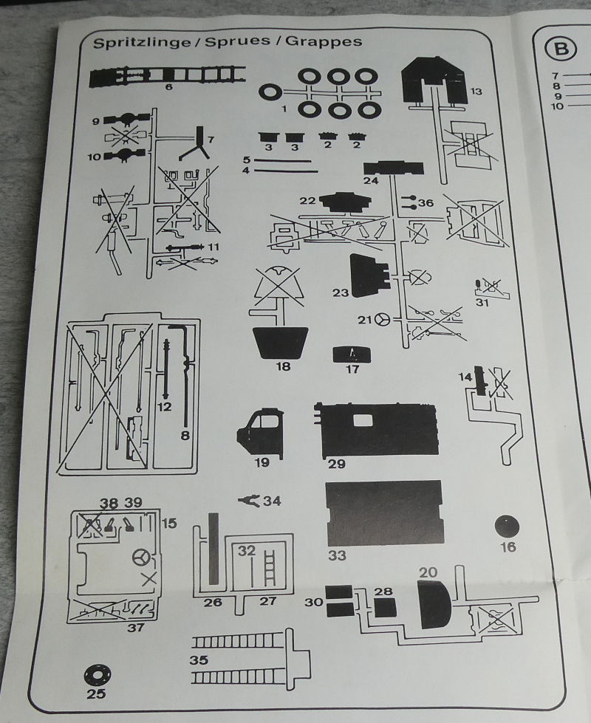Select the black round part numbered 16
click(508, 527)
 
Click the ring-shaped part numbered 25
click(97, 674)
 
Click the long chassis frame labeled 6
click(168, 75)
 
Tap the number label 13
click(475, 91)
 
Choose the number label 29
click(336, 464)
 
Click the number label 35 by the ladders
click(199, 659)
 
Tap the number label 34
click(272, 501)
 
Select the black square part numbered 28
click(385, 607)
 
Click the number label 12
click(164, 407)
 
